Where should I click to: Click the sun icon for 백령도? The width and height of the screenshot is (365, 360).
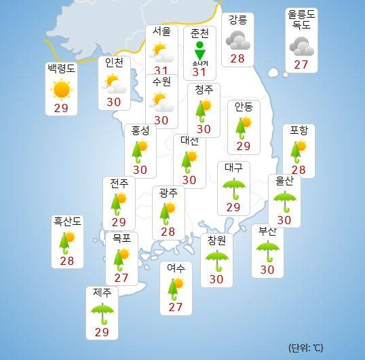tap(61, 90)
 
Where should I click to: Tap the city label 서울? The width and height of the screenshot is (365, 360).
tap(161, 32)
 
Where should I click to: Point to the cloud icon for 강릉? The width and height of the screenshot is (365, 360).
tap(237, 40)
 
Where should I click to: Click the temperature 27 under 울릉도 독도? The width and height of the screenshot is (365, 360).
tap(301, 65)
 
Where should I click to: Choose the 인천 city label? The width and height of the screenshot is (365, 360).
tap(115, 63)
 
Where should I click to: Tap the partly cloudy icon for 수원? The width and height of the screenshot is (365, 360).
tap(161, 101)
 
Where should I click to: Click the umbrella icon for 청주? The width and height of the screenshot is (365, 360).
tap(203, 109)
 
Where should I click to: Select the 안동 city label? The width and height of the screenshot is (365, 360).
tap(244, 107)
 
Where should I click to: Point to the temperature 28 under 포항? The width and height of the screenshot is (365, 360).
tap(298, 169)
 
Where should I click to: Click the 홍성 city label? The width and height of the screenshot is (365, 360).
tap(140, 130)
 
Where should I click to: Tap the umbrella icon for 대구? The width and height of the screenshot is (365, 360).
tap(234, 187)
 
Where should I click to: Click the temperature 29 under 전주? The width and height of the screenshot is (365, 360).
tap(119, 221)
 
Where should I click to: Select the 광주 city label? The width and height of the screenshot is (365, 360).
tap(168, 193)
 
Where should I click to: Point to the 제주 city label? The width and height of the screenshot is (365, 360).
tap(102, 293)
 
